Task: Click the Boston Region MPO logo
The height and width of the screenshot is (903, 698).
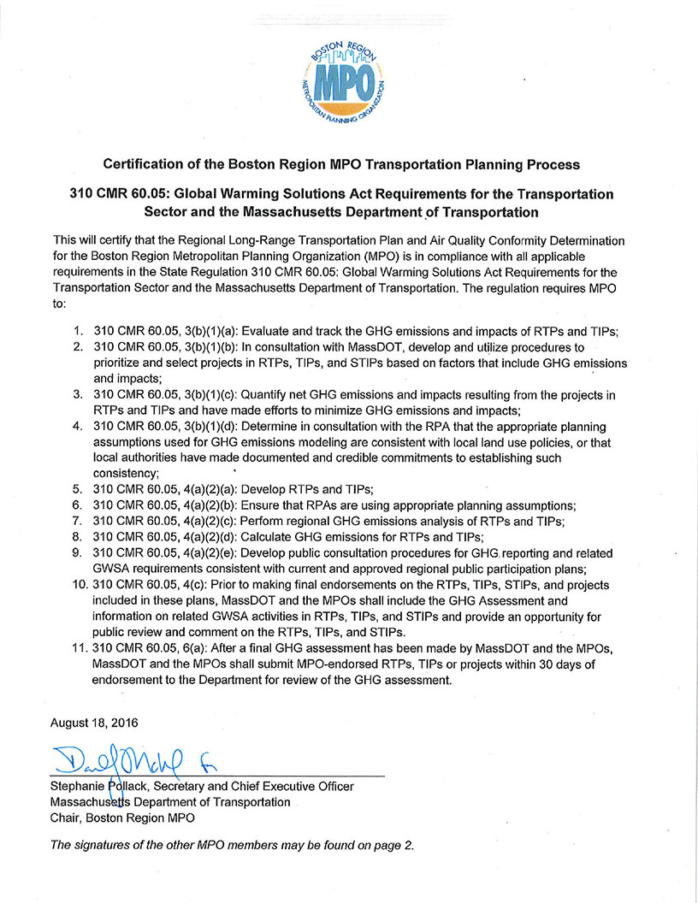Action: (341, 80)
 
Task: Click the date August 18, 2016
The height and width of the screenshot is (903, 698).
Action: (93, 723)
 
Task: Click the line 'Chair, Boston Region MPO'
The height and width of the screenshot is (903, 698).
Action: (121, 817)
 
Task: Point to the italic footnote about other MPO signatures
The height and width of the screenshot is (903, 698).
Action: (233, 845)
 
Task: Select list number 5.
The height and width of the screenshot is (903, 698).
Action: (76, 489)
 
